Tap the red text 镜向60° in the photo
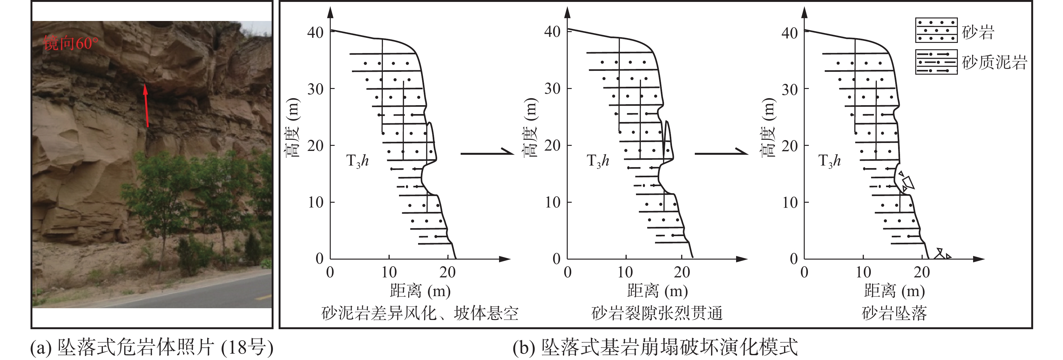[x=71, y=43]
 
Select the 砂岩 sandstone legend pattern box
[x=936, y=30]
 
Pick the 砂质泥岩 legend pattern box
[x=936, y=62]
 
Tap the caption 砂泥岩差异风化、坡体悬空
[x=420, y=313]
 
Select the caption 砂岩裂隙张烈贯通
[x=657, y=313]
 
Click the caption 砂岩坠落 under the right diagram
[x=894, y=313]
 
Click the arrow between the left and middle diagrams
[x=487, y=153]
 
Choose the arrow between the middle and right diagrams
[x=721, y=153]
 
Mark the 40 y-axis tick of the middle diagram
[x=552, y=32]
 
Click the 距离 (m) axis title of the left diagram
[x=420, y=291]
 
